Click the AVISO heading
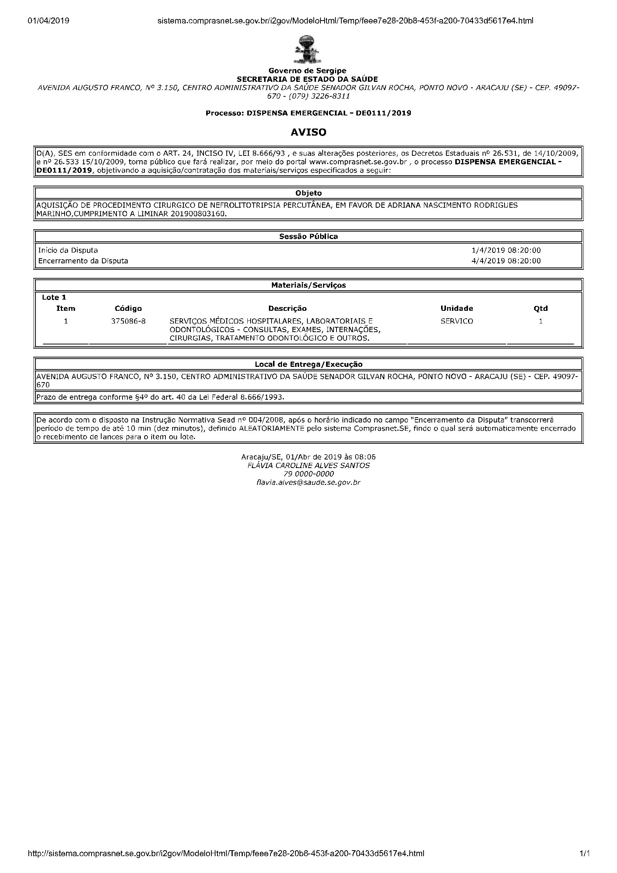(308, 132)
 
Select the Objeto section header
(308, 193)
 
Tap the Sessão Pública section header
(308, 236)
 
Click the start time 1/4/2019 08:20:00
(506, 250)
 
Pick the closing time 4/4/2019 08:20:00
(506, 261)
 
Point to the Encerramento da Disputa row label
(83, 261)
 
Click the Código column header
(128, 308)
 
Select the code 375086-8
(128, 321)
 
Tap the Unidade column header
(456, 308)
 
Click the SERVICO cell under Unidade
(456, 321)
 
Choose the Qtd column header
(540, 308)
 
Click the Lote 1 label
(54, 297)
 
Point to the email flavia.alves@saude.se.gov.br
(308, 483)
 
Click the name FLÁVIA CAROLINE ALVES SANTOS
(308, 465)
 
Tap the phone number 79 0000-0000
(308, 474)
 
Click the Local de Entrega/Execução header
(308, 364)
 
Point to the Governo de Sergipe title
(307, 71)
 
